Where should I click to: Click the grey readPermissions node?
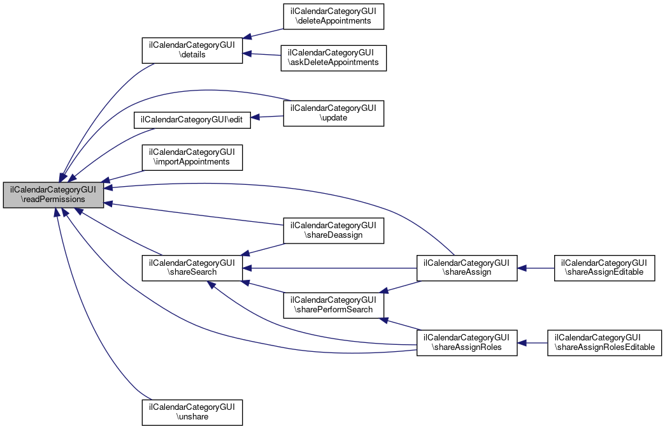point(53,194)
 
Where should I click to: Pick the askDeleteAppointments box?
point(334,57)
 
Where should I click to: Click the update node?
point(334,113)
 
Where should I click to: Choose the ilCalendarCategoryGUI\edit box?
point(192,119)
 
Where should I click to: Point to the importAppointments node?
point(192,157)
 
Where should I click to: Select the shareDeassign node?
point(334,229)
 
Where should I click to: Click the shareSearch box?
point(192,267)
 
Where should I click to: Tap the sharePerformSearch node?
point(334,304)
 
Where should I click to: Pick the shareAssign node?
point(466,267)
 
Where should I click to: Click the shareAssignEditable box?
point(604,267)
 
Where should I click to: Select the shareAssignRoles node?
point(466,342)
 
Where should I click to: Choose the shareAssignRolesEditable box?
point(604,342)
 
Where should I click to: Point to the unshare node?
point(192,412)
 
